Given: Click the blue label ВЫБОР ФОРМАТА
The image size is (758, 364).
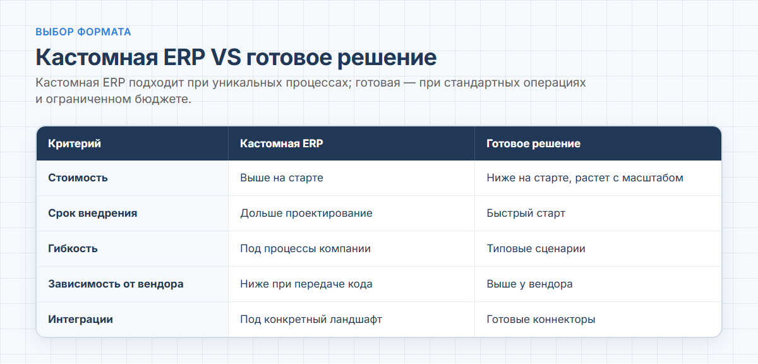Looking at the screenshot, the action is click(x=83, y=32).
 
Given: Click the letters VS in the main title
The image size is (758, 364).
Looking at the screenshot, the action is click(x=226, y=57).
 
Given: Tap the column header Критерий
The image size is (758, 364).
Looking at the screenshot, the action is click(x=75, y=143).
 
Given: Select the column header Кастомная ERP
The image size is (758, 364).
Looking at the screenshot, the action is click(x=282, y=143).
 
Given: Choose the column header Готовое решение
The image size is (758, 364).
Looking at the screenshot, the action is click(x=534, y=143).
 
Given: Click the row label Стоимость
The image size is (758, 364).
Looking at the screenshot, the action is click(x=78, y=178).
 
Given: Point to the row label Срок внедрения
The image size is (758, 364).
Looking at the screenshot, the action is click(x=93, y=214).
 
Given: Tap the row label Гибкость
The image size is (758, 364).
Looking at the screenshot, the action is click(x=73, y=248).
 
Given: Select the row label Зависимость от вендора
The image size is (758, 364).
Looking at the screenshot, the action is click(x=116, y=284).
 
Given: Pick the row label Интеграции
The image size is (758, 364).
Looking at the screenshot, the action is click(x=81, y=319).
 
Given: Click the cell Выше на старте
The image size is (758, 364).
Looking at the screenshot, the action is click(x=282, y=178).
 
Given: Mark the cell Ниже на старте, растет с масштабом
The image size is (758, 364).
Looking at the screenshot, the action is click(x=585, y=178).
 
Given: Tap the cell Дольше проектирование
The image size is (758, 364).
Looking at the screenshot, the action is click(x=306, y=214).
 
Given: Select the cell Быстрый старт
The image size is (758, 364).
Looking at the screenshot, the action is click(x=526, y=214).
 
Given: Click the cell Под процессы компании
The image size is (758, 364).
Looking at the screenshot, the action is click(x=306, y=248).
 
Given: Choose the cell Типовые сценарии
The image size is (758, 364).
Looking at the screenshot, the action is click(x=536, y=248).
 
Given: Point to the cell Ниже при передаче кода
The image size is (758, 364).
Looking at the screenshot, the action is click(x=306, y=284).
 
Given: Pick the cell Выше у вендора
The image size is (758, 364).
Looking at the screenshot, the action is click(x=529, y=284).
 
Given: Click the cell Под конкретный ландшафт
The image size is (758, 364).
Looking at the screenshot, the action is click(x=311, y=319).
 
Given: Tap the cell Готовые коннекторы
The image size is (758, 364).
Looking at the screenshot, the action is click(x=541, y=319).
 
